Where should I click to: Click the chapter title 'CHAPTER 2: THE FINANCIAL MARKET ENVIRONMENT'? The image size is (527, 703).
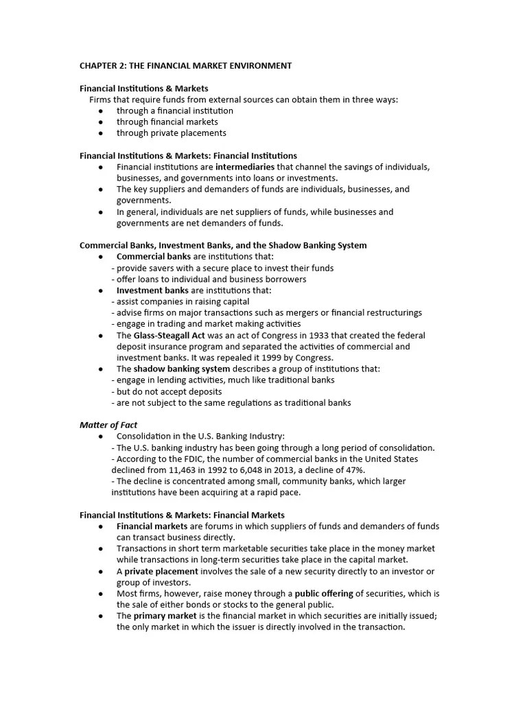pos(185,66)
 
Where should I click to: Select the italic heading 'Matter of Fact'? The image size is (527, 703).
pos(108,425)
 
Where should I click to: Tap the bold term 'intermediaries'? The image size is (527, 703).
pos(245,167)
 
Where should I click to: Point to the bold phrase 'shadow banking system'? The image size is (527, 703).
pos(173,369)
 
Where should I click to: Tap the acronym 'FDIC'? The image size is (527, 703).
pos(186,459)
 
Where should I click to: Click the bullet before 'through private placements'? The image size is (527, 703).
pos(101,133)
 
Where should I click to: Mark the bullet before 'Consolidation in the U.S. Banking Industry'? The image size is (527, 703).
pos(101,437)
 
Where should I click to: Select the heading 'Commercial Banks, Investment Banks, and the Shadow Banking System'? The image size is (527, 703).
pos(223,245)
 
